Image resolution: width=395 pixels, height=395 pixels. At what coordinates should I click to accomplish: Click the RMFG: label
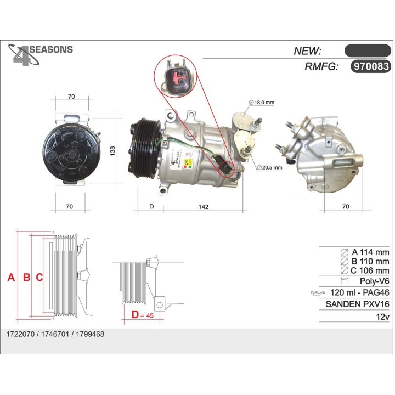click(321, 67)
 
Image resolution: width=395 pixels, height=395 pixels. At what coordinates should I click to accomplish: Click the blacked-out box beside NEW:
click(367, 50)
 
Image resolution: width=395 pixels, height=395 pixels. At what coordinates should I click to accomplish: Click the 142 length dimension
click(203, 207)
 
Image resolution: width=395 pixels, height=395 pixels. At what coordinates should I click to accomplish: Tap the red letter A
click(11, 278)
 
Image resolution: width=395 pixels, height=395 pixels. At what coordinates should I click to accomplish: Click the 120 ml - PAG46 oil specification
click(359, 293)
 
